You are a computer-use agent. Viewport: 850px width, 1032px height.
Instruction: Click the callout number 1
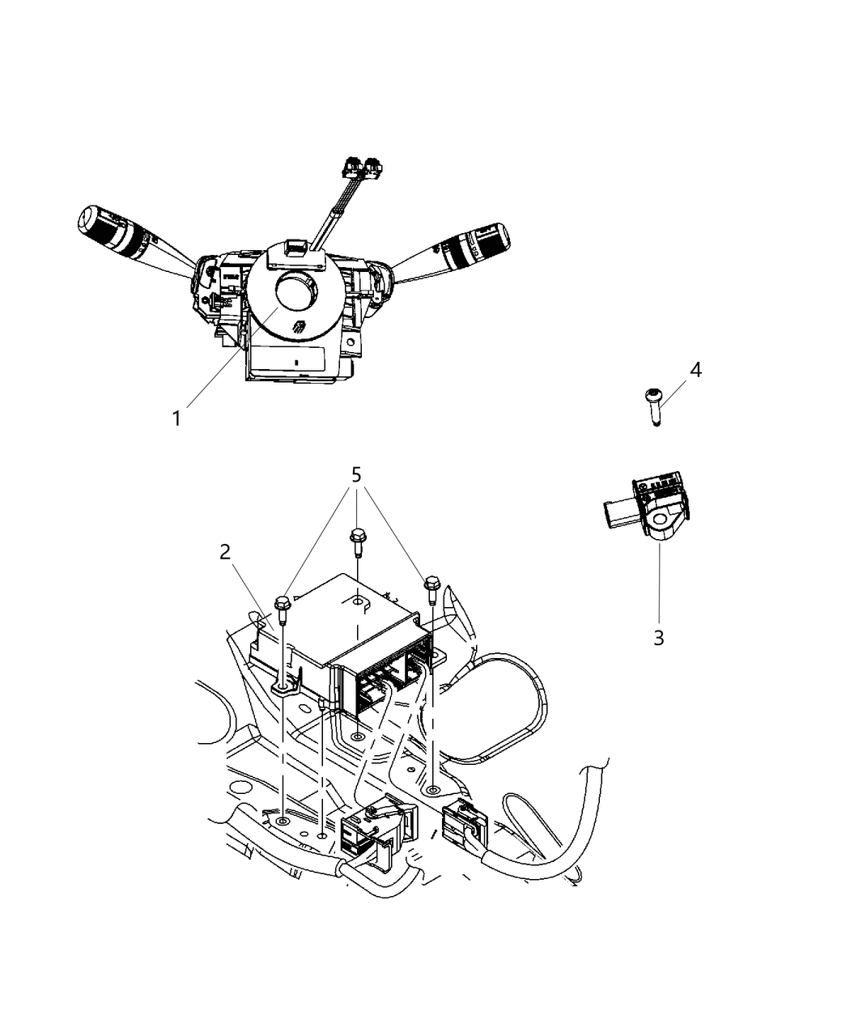[x=176, y=418]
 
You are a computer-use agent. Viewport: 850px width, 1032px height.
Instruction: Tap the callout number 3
[x=658, y=637]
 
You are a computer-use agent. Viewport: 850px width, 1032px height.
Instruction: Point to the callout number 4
[x=695, y=370]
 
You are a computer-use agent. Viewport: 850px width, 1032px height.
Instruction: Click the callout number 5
[x=355, y=475]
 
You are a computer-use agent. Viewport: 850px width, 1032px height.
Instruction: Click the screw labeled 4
[x=654, y=405]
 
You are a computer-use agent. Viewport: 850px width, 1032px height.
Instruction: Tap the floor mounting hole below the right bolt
[x=432, y=789]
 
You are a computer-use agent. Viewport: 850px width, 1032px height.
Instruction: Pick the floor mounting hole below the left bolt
[x=282, y=822]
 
